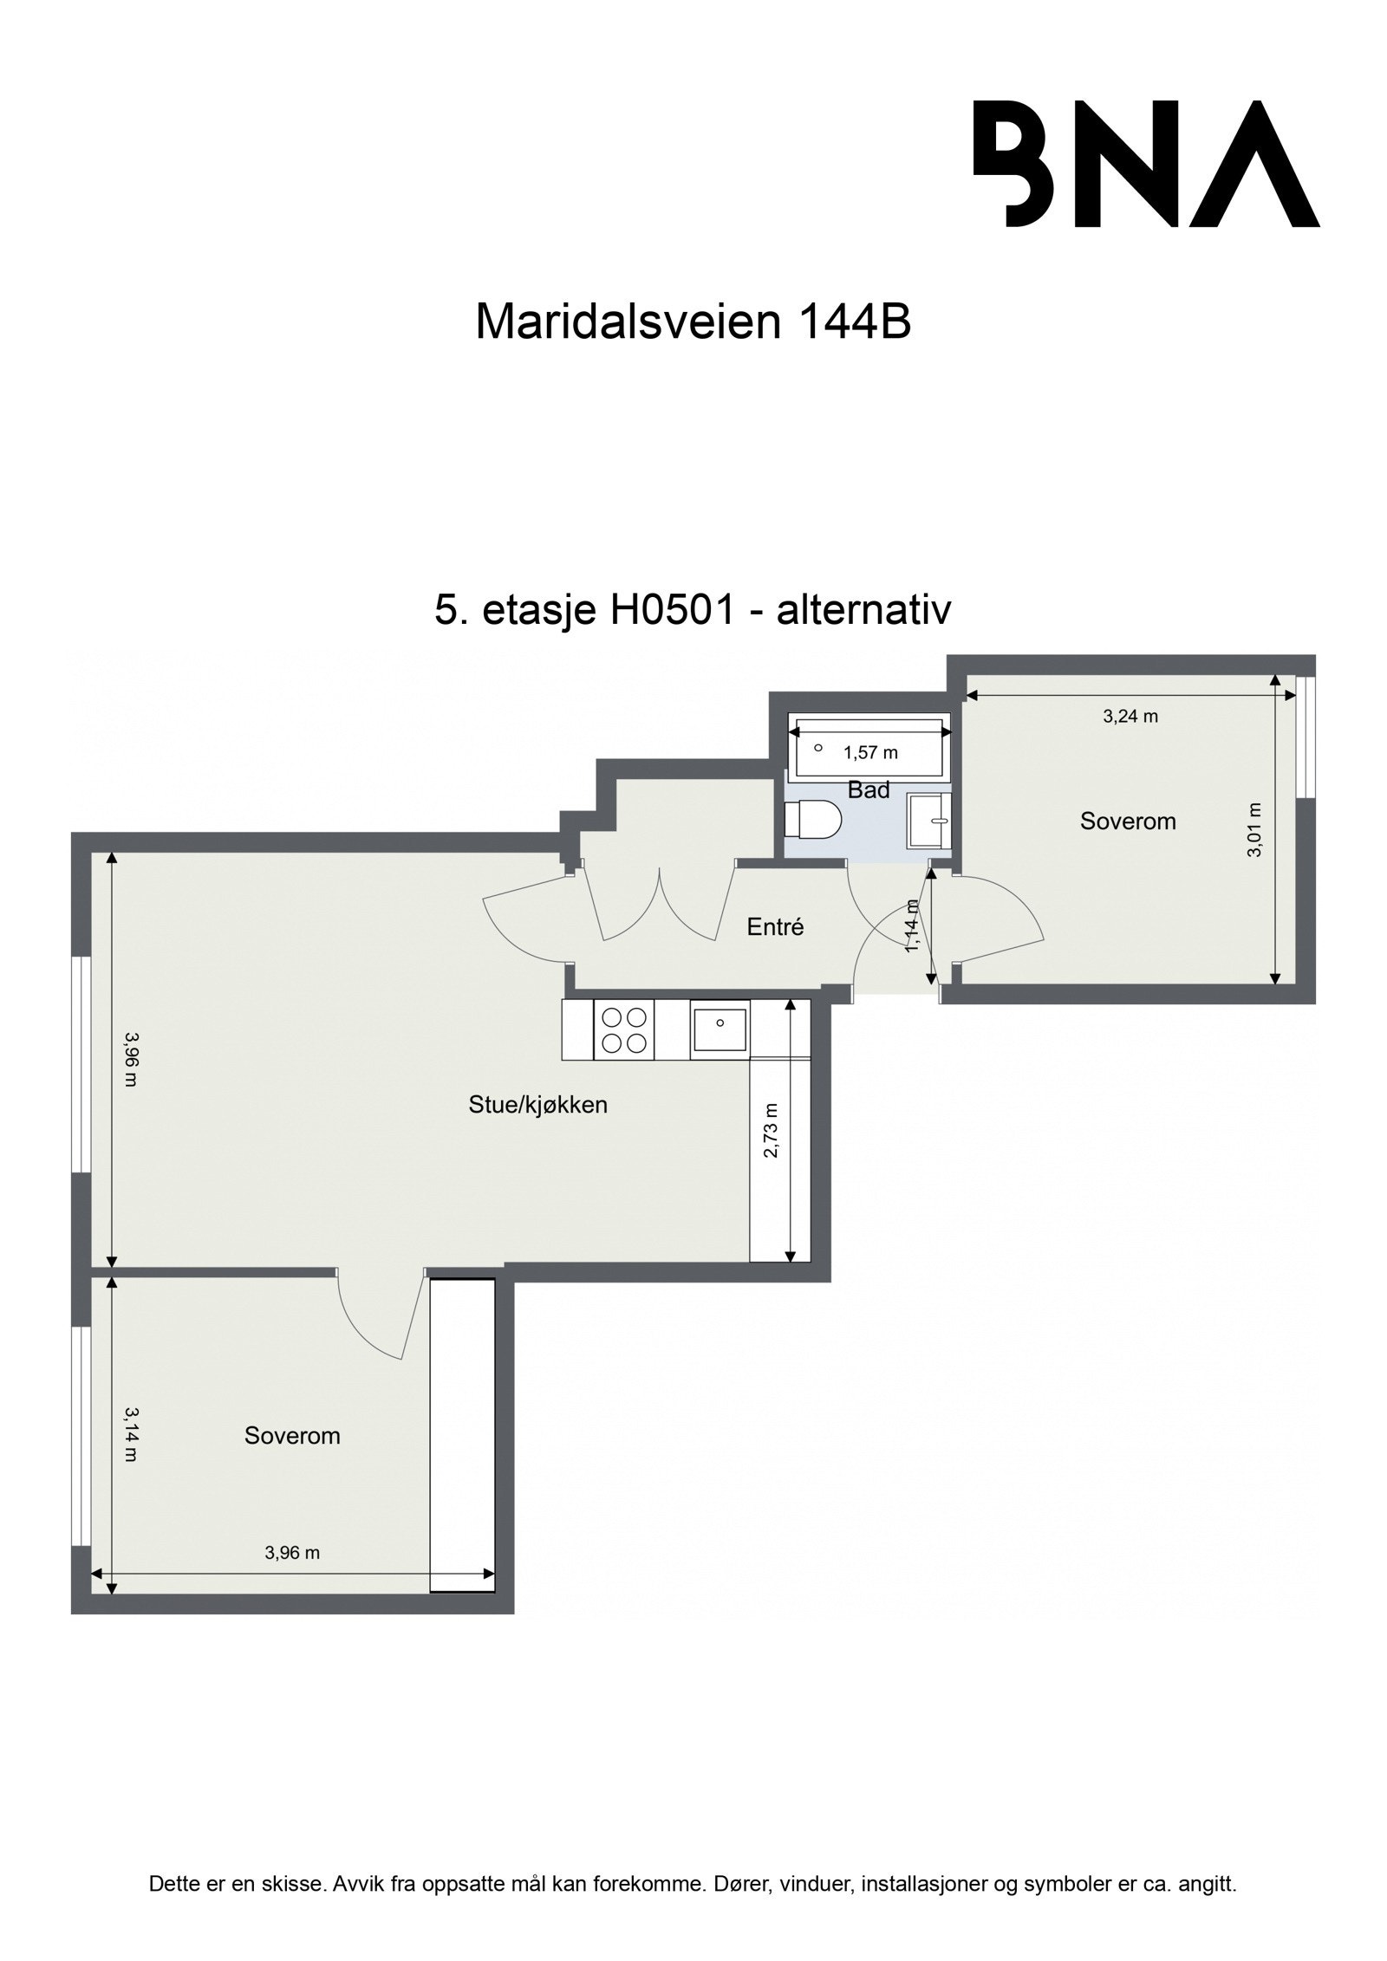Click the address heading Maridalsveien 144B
click(x=693, y=323)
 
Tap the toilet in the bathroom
click(x=813, y=820)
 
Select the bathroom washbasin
click(x=929, y=820)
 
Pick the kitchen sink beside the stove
click(x=720, y=1028)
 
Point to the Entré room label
click(x=775, y=927)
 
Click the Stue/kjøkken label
click(x=537, y=1105)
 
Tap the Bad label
click(x=868, y=789)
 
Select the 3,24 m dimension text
click(x=1130, y=717)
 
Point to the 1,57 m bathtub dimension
click(x=870, y=753)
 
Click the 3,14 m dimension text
click(x=130, y=1433)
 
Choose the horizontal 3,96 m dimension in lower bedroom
click(x=292, y=1553)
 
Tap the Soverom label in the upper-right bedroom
click(x=1127, y=821)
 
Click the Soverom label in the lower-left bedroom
click(x=292, y=1436)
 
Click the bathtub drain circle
click(x=817, y=748)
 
